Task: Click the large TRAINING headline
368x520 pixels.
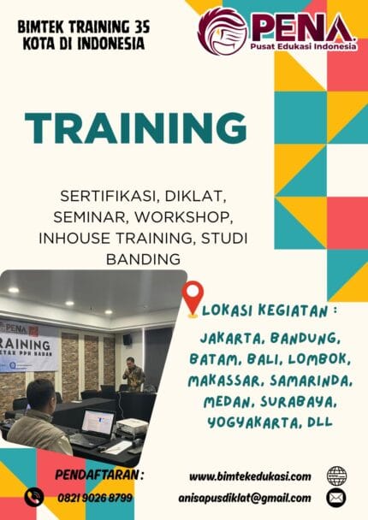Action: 135,127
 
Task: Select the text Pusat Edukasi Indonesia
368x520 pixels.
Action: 301,47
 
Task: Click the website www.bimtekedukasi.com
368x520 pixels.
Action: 249,476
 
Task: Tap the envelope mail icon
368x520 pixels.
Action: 336,497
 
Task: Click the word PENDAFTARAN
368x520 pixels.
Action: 99,474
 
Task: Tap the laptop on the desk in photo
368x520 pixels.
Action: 95,425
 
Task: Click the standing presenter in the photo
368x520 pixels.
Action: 133,374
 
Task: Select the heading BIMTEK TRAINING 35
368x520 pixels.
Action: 83,28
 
